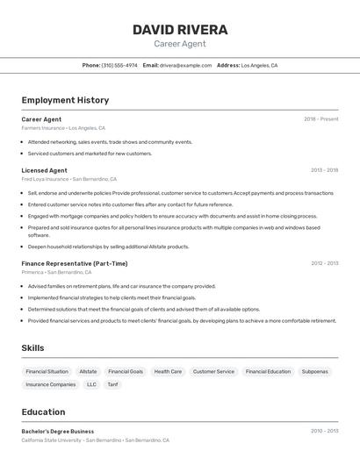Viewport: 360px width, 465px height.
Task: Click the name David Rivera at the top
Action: click(180, 30)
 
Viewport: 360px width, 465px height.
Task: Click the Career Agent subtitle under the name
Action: click(180, 44)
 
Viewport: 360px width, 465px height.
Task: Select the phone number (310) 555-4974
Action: click(119, 65)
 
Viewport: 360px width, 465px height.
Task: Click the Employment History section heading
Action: click(65, 100)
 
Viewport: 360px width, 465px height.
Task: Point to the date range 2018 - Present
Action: click(320, 119)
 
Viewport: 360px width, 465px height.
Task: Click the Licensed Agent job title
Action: click(44, 170)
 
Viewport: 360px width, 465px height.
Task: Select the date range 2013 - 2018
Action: click(324, 170)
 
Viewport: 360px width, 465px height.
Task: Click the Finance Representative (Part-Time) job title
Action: click(75, 263)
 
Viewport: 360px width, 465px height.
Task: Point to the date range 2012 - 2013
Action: click(324, 263)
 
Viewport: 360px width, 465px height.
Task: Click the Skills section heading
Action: click(32, 348)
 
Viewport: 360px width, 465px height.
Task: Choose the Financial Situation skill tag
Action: click(47, 371)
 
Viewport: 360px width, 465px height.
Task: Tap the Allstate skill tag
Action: click(88, 371)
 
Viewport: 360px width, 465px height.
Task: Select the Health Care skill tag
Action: click(168, 371)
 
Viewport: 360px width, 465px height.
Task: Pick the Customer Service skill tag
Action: click(213, 371)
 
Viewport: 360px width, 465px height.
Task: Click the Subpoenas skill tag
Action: click(314, 371)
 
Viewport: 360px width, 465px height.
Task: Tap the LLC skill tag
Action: click(91, 384)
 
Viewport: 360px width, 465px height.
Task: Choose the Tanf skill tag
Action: click(112, 384)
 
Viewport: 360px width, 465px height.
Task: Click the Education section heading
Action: click(43, 411)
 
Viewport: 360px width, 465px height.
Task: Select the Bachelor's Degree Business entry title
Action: click(58, 432)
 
